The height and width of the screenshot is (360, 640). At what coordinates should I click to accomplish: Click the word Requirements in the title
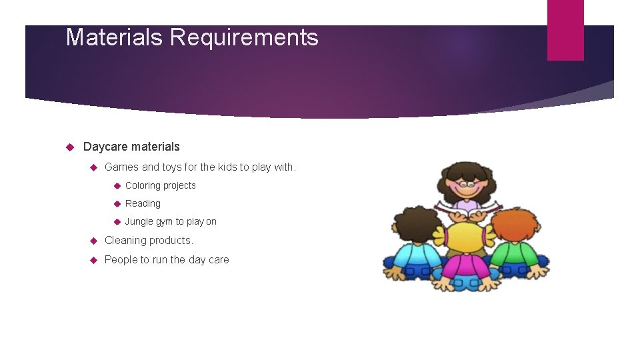point(244,37)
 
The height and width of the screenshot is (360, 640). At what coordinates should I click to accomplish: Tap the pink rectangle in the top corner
point(565,30)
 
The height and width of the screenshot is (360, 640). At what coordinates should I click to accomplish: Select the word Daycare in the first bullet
point(105,147)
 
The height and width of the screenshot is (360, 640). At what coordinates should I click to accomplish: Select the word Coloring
point(142,185)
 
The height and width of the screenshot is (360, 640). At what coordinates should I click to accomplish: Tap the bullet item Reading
point(143,203)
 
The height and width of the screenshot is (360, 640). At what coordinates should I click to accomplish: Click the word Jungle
point(139,221)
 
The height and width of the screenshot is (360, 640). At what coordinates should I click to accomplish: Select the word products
point(173,241)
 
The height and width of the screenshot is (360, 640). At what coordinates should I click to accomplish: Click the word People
point(121,260)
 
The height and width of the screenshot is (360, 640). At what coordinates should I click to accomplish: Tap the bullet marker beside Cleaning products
point(94,241)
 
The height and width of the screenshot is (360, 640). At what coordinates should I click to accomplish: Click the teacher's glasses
point(465,181)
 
